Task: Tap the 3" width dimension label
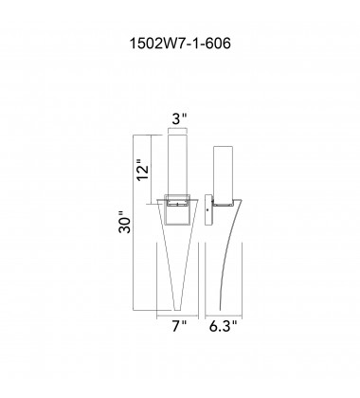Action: (x=179, y=120)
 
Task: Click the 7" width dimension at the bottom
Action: (x=179, y=326)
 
